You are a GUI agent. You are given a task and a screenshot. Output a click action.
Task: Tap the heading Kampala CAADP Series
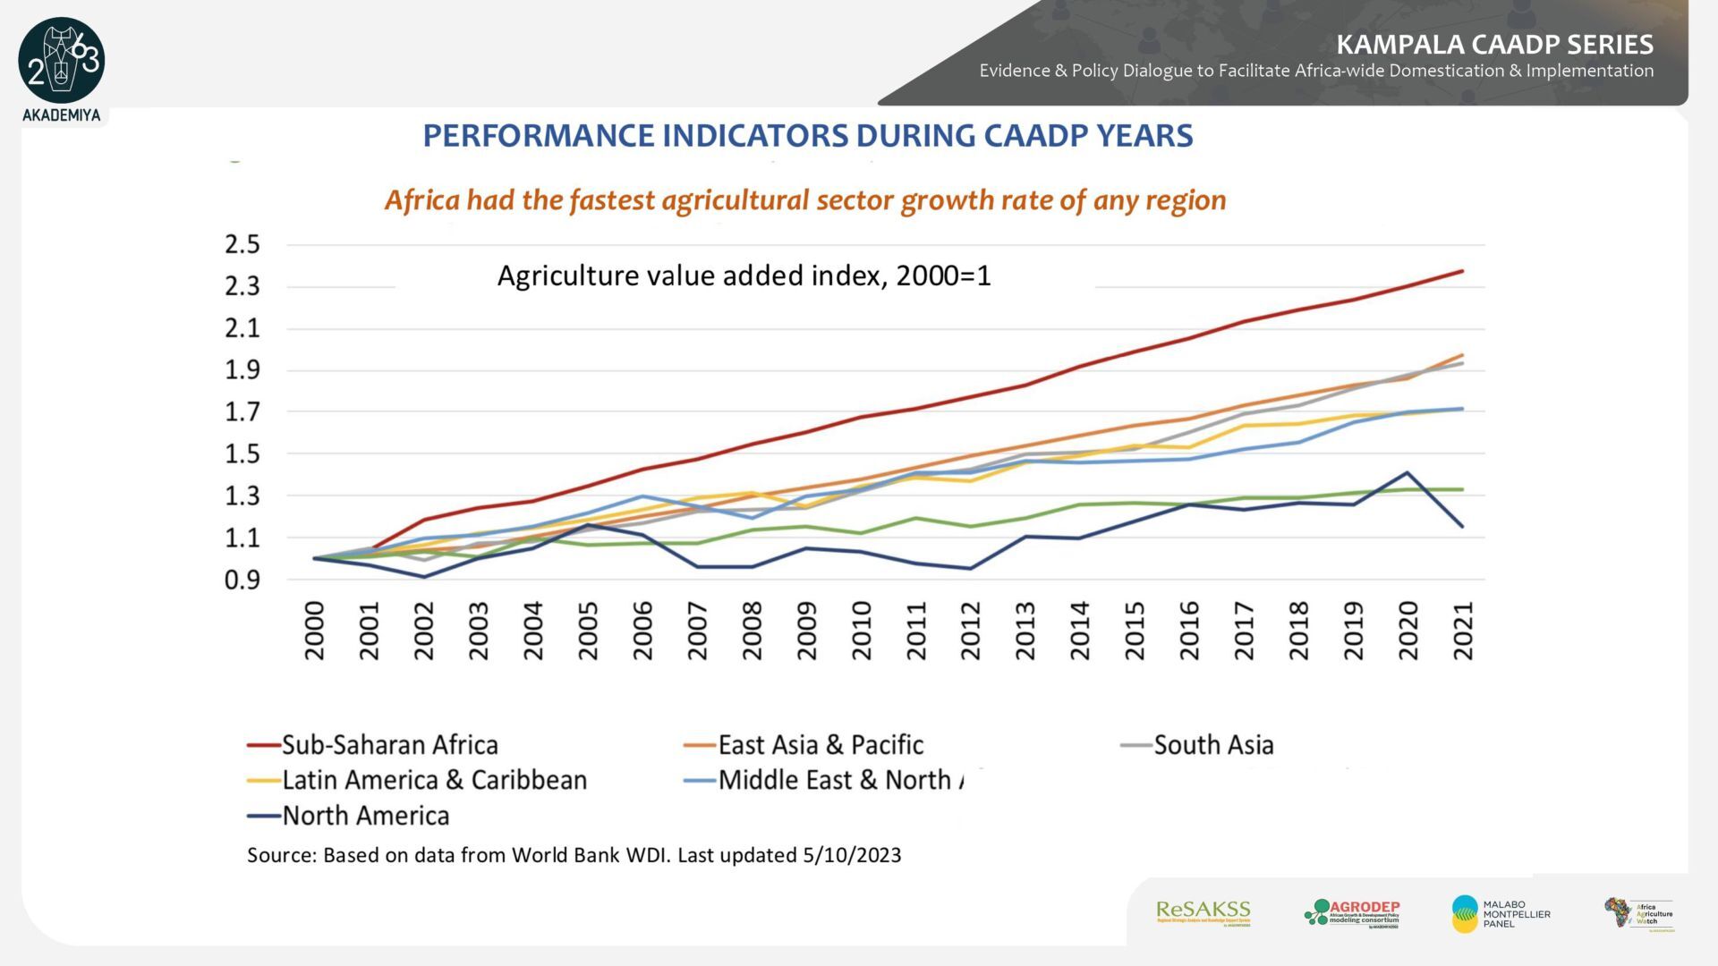coord(1494,44)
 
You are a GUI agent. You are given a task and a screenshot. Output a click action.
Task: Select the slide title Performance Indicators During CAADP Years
coord(807,136)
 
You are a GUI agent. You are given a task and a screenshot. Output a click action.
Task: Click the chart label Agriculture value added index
coord(744,275)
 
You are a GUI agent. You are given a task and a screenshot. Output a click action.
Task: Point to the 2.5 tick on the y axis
coord(242,244)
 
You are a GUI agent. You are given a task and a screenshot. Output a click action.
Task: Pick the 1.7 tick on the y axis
coord(242,412)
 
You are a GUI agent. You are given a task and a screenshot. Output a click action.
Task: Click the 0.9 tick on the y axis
coord(242,580)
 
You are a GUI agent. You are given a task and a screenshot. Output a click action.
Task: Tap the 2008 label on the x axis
coord(753,631)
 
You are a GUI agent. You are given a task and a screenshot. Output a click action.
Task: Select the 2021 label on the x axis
coord(1463,631)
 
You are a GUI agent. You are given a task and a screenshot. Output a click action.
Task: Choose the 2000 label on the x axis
coord(315,631)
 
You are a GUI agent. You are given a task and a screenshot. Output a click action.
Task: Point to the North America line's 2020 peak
coord(1408,472)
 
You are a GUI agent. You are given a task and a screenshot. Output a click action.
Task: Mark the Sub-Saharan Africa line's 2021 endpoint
coord(1463,271)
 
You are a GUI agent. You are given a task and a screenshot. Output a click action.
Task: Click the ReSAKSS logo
coord(1203,912)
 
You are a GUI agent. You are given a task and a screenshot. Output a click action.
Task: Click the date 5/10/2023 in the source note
coord(852,855)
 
